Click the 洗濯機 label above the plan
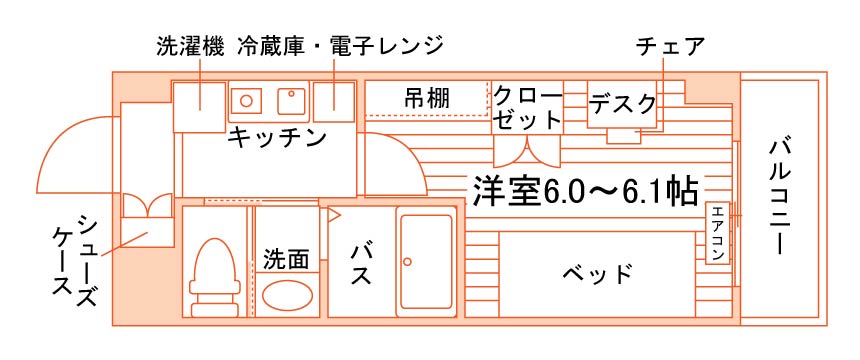[190, 47]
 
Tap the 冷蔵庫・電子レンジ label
[340, 47]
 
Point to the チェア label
[670, 47]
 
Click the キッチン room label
[277, 137]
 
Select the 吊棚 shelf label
[427, 99]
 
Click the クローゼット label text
[528, 108]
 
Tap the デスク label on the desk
[623, 104]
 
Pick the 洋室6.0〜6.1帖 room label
[585, 192]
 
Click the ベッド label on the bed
[597, 273]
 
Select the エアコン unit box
[718, 233]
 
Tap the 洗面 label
[286, 259]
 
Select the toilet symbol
[214, 277]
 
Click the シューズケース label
[75, 261]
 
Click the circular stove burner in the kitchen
[247, 101]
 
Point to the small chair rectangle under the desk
[623, 136]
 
